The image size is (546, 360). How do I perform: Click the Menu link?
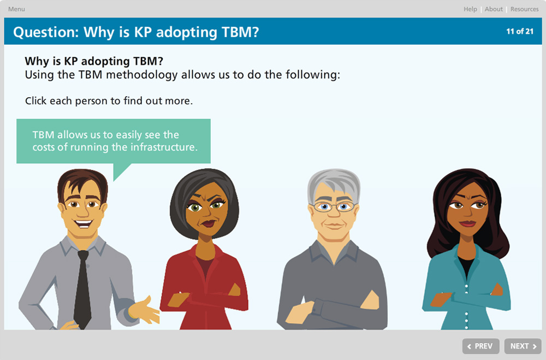click(x=16, y=9)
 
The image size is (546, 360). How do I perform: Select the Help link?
click(x=470, y=9)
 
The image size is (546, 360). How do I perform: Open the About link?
click(x=494, y=9)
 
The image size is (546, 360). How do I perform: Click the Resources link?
click(x=524, y=9)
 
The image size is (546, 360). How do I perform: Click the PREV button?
click(x=480, y=346)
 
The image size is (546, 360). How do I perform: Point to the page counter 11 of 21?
click(x=520, y=31)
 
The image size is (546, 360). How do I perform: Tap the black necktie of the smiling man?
click(x=82, y=289)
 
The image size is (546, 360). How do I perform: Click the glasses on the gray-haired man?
click(x=334, y=207)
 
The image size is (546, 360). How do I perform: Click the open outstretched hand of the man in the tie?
click(x=145, y=310)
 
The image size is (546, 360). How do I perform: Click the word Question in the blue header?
click(x=46, y=32)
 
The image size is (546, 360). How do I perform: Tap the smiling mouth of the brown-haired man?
click(x=83, y=223)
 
